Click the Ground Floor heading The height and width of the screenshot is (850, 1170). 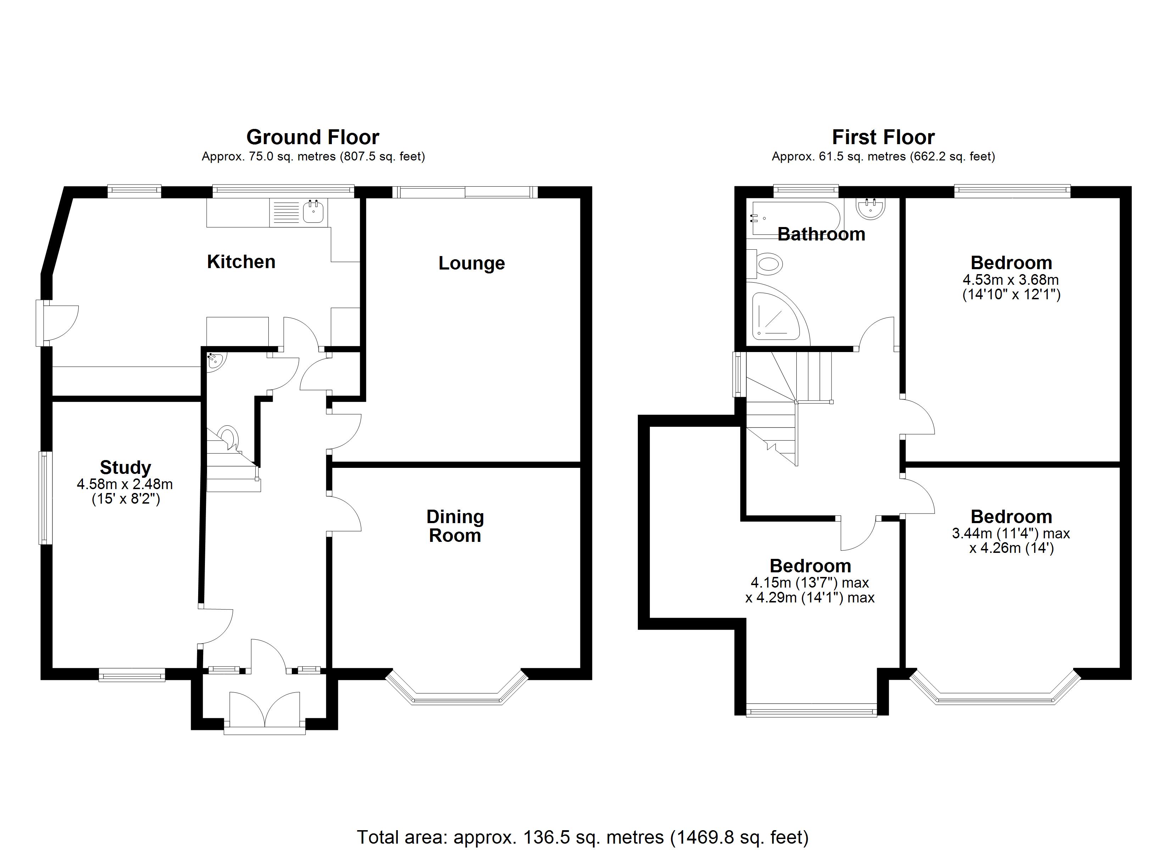click(313, 137)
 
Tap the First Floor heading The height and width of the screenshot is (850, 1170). click(883, 137)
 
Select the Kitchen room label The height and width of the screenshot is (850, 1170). click(241, 262)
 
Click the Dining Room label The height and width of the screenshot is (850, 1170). click(455, 526)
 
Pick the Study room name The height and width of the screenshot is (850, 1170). click(126, 467)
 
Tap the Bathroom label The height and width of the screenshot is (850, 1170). click(821, 234)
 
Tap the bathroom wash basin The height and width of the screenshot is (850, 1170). click(871, 208)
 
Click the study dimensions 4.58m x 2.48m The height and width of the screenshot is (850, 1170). click(125, 484)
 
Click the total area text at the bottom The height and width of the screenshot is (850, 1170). click(583, 837)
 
